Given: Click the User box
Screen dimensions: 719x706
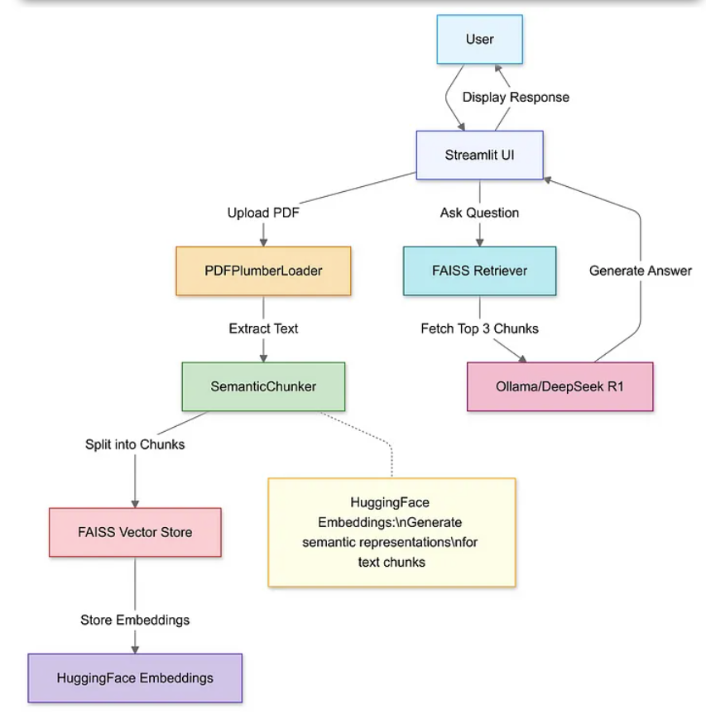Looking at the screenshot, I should pyautogui.click(x=479, y=39).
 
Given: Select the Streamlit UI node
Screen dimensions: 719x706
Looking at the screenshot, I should pyautogui.click(x=479, y=155).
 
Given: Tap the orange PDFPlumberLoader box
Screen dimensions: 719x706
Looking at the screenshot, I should pyautogui.click(x=263, y=271).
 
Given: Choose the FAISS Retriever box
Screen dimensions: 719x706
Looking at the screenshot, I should pyautogui.click(x=479, y=271).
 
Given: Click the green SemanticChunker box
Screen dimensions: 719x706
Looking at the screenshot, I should pyautogui.click(x=263, y=386).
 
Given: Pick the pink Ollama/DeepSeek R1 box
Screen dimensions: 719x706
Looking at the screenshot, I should pyautogui.click(x=560, y=386).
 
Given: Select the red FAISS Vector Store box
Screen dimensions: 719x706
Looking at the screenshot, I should pyautogui.click(x=135, y=532).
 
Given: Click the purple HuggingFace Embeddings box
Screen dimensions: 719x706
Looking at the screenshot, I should pyautogui.click(x=135, y=678).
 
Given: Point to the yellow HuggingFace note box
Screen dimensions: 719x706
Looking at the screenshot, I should pyautogui.click(x=391, y=532).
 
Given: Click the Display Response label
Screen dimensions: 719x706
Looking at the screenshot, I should pyautogui.click(x=516, y=97).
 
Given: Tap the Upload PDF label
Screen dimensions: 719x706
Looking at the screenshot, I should pyautogui.click(x=263, y=213).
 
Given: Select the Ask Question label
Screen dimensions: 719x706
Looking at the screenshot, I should pyautogui.click(x=479, y=213).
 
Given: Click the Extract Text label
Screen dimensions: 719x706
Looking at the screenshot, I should pyautogui.click(x=263, y=328).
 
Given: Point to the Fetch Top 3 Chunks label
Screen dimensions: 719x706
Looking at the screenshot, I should pyautogui.click(x=479, y=328).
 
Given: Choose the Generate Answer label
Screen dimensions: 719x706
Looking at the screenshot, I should pyautogui.click(x=640, y=271).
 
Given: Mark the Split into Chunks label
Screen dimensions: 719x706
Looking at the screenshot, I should pyautogui.click(x=135, y=444).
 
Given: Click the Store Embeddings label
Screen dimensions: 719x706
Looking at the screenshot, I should pyautogui.click(x=135, y=620).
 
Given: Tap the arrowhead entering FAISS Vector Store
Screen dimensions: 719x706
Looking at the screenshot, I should pyautogui.click(x=135, y=502).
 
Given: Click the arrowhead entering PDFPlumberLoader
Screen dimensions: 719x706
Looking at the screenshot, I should pyautogui.click(x=263, y=241).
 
